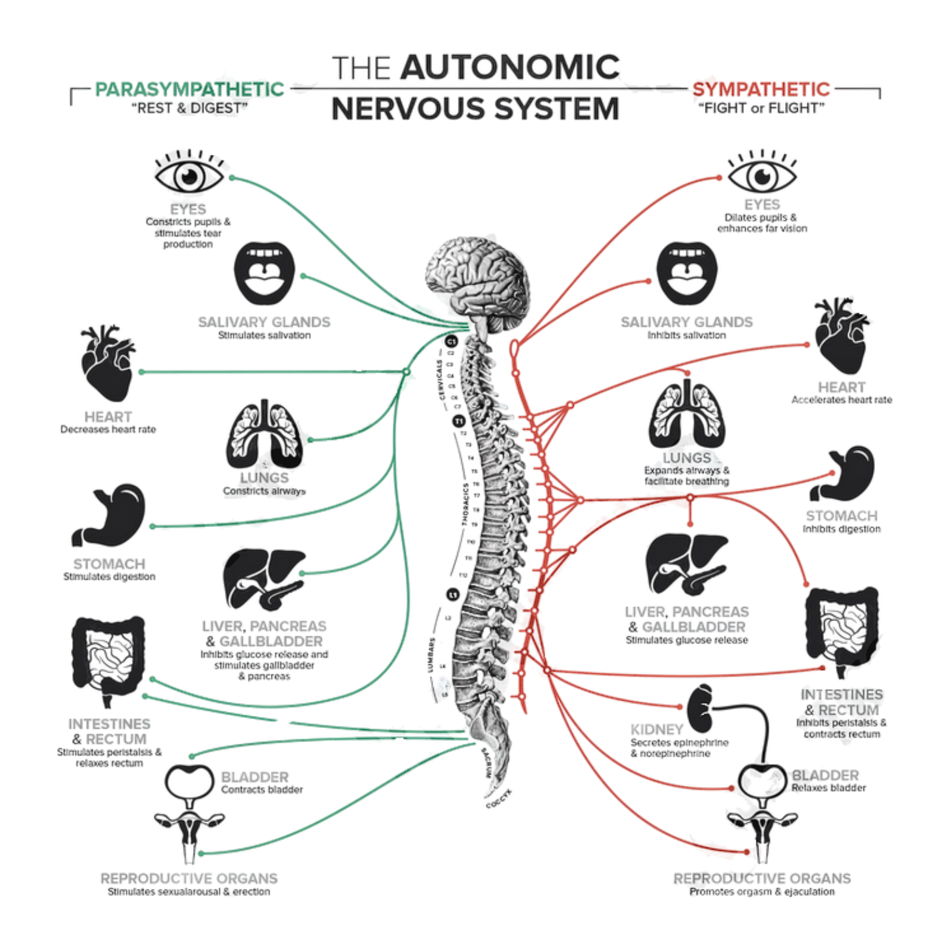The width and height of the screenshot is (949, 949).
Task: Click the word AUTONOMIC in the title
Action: pos(510,68)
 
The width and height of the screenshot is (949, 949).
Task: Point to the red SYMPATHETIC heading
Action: pos(761,89)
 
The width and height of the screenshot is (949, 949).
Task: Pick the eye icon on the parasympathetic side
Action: pos(189,174)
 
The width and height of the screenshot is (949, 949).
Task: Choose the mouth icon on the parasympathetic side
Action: pos(264,272)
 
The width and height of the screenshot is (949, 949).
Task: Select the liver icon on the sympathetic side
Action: pos(687,565)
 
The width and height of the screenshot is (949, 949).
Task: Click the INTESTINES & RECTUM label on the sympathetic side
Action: pos(842,702)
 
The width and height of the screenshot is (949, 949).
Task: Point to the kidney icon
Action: pos(702,704)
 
